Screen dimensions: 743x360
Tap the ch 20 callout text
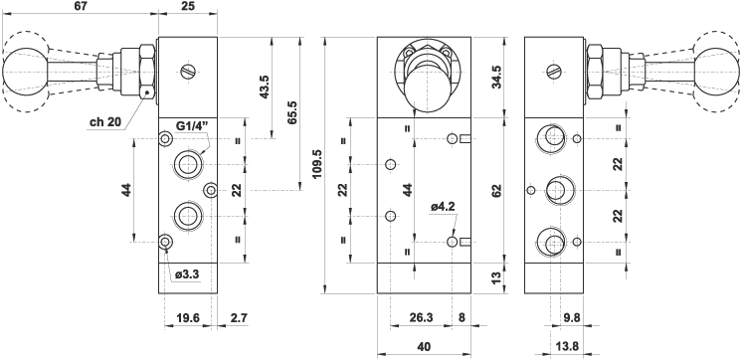pos(105,122)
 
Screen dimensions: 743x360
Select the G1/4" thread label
pos(193,127)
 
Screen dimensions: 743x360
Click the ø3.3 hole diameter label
pos(188,274)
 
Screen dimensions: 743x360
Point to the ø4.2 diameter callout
pos(443,207)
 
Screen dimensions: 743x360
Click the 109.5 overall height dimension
pos(317,165)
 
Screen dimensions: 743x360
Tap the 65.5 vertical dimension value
pos(292,112)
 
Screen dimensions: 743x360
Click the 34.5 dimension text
pos(496,78)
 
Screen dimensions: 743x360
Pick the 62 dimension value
pos(496,190)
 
